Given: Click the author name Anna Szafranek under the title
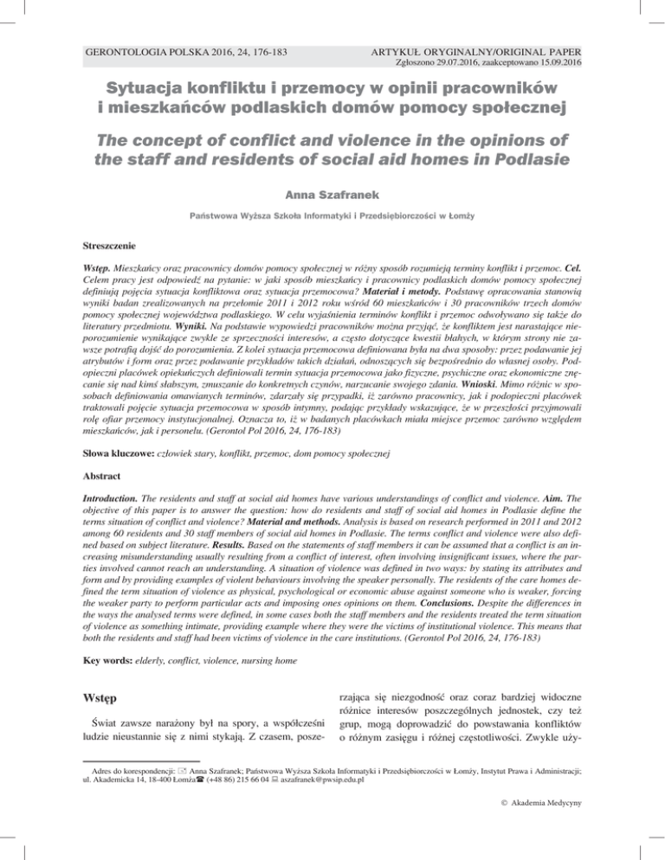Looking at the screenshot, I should coord(332,196).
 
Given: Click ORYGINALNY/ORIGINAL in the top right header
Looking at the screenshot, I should coord(489,52).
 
